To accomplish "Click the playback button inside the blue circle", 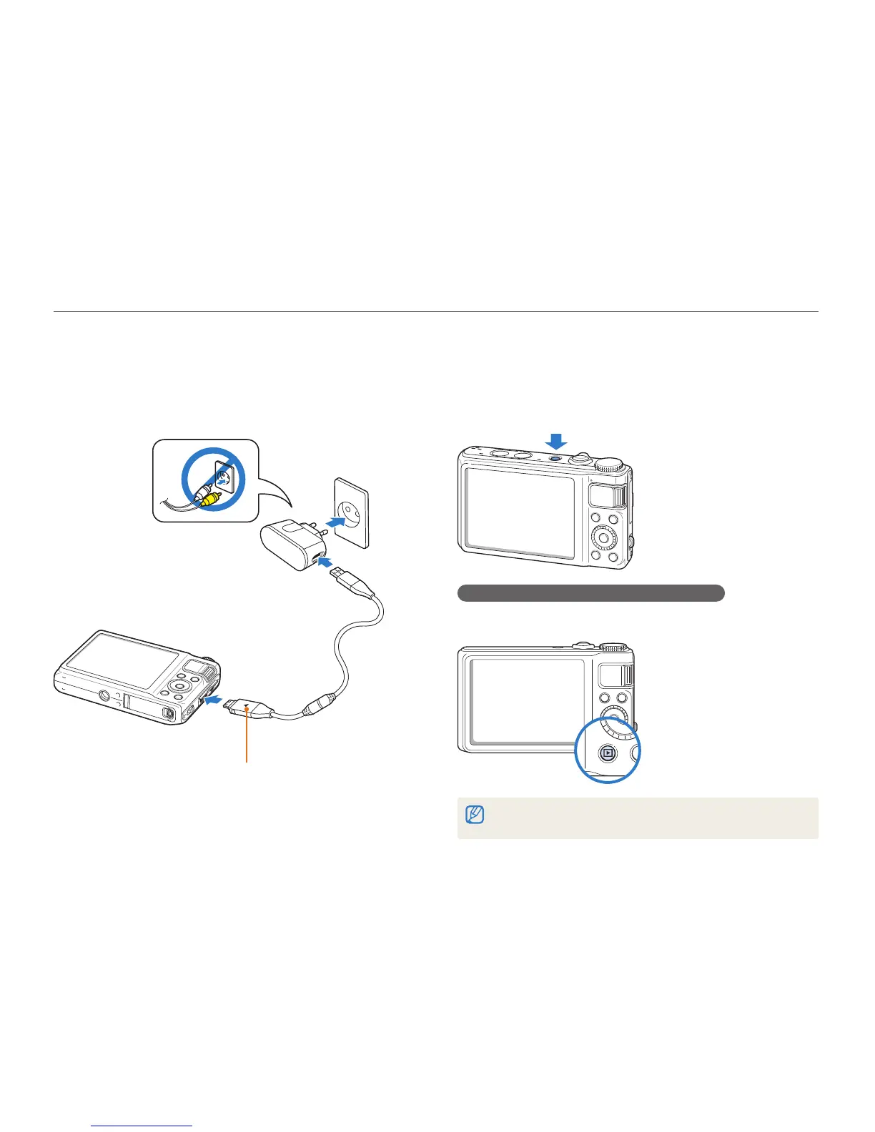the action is point(608,752).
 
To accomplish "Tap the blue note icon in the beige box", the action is point(474,815).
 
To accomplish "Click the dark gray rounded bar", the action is point(590,592).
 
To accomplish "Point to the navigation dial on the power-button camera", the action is point(603,535).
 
